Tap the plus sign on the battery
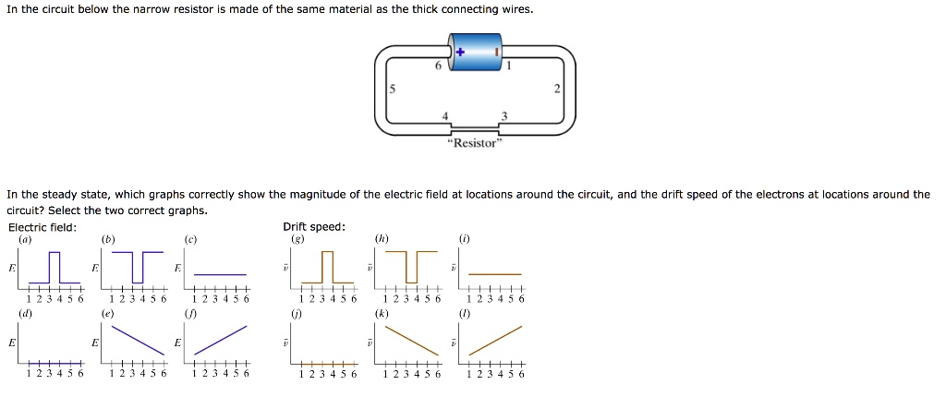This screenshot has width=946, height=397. tap(458, 53)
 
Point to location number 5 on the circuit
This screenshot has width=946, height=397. tap(392, 90)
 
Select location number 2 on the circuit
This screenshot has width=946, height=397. tap(557, 90)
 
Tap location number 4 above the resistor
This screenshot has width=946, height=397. tap(445, 115)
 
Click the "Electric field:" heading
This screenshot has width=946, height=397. tap(42, 227)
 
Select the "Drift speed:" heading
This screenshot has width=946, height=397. tap(314, 227)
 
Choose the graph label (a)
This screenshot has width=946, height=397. tap(25, 239)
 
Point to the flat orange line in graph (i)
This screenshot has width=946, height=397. tap(496, 274)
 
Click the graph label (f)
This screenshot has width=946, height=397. tap(189, 313)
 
